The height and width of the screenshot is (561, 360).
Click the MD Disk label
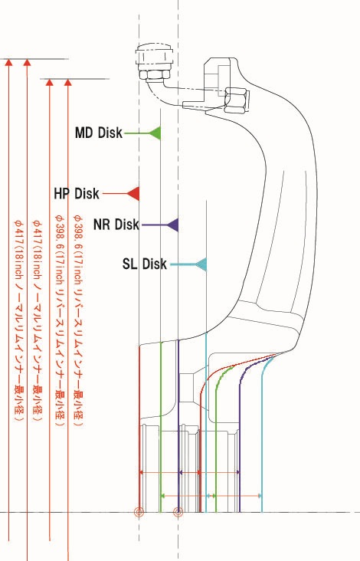[99, 133]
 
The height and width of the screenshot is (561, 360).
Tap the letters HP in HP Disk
[61, 194]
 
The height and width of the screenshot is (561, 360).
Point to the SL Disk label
[145, 264]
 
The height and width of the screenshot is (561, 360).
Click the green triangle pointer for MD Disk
[155, 133]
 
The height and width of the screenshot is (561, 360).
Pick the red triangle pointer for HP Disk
[133, 194]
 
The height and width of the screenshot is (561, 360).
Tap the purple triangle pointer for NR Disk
[172, 225]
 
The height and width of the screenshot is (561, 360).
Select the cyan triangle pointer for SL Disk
[201, 264]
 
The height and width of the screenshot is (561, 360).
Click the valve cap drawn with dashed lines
[154, 56]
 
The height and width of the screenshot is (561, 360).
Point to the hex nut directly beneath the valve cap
[155, 74]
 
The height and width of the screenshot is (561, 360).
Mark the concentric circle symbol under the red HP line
[139, 513]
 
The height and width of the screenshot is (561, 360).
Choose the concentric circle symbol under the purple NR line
[178, 513]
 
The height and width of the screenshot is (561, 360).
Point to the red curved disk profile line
[201, 394]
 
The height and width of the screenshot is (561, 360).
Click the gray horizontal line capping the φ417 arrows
[34, 59]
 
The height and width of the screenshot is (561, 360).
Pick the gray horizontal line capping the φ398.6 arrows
[75, 79]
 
